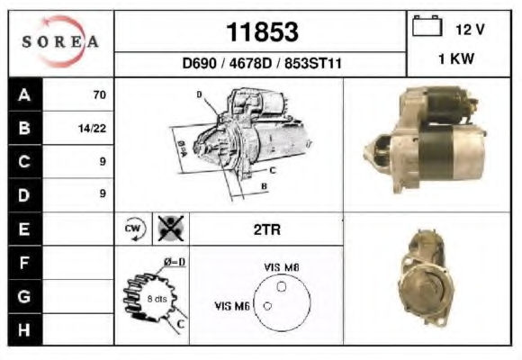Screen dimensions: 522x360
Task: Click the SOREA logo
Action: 60,41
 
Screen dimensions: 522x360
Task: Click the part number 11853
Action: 262,32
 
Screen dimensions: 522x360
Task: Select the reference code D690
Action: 200,63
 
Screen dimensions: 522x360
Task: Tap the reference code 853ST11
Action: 313,63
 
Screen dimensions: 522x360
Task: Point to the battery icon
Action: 427,25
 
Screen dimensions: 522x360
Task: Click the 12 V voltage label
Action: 470,30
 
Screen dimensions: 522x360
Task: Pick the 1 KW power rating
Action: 456,58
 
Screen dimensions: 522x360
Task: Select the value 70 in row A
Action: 100,94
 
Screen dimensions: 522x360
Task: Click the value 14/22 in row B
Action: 92,129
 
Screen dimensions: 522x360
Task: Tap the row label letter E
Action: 24,229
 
